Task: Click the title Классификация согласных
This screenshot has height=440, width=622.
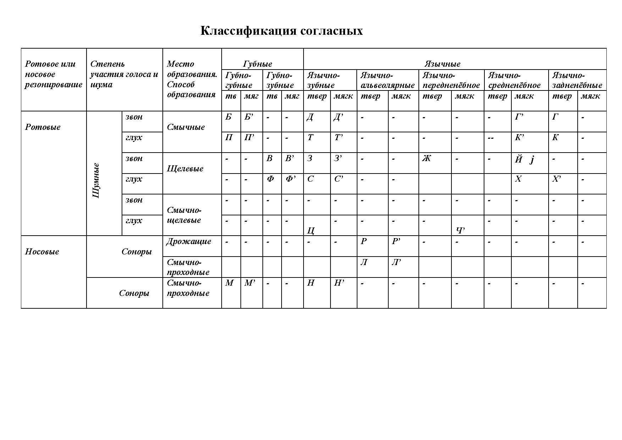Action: click(282, 31)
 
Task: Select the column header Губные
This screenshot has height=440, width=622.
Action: click(258, 64)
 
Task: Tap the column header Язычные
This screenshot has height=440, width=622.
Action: click(442, 64)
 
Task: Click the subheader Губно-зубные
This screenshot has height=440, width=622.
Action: click(280, 80)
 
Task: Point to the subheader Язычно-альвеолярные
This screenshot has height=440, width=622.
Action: click(387, 80)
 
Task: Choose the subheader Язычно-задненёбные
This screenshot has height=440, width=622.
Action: click(577, 80)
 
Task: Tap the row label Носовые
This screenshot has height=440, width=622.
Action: click(42, 252)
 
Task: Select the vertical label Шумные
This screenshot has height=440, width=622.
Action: click(96, 180)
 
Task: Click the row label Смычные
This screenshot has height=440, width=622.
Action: click(186, 127)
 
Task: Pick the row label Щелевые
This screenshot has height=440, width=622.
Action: click(185, 169)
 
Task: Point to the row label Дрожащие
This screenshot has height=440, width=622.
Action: click(189, 242)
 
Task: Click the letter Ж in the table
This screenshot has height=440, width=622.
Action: click(426, 158)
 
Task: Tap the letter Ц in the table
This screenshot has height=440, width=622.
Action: click(311, 231)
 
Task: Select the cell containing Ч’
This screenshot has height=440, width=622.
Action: click(460, 231)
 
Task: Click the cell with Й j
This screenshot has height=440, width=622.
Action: click(524, 160)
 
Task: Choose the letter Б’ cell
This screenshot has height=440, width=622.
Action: click(249, 117)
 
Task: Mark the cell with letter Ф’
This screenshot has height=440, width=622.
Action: click(290, 179)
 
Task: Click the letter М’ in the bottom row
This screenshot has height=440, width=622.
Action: click(250, 283)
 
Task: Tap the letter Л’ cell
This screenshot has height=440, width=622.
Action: click(396, 263)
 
